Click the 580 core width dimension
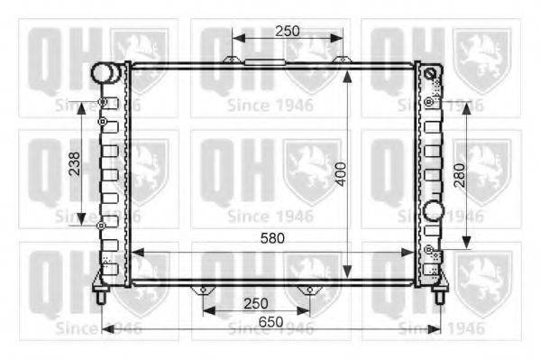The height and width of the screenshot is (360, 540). [272, 238]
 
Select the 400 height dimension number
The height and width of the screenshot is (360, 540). [342, 174]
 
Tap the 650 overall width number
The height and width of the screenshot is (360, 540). [271, 322]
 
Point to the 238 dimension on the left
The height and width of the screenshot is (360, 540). [75, 164]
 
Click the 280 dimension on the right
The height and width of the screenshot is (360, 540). [460, 175]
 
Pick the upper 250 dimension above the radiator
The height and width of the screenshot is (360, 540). [288, 32]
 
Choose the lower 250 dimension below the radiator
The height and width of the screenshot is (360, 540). [256, 304]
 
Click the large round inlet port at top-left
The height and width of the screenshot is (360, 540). [102, 73]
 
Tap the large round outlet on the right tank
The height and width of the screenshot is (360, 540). [433, 211]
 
